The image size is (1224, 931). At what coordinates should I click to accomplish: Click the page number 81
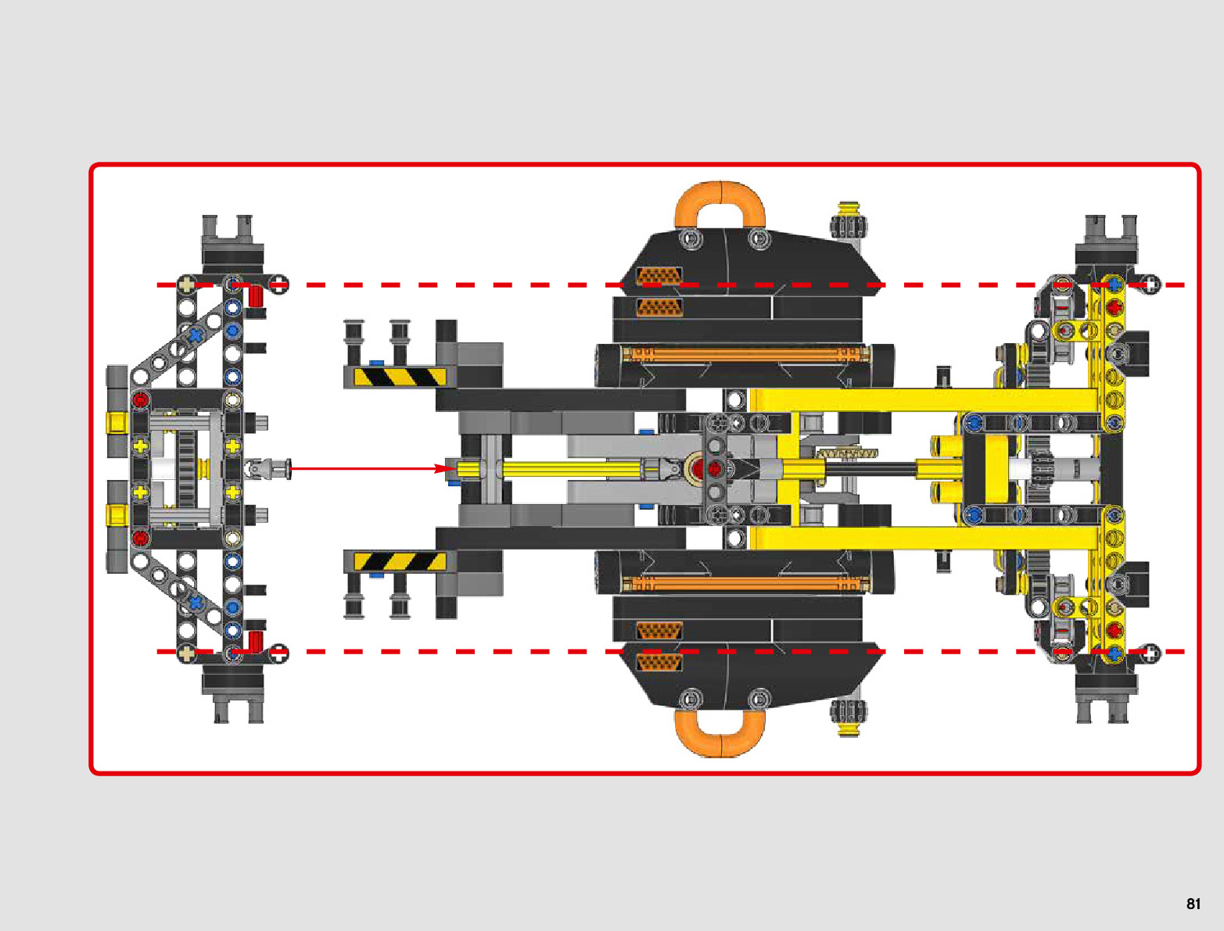[x=1193, y=904]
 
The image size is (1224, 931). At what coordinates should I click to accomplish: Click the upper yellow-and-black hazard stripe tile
[x=400, y=377]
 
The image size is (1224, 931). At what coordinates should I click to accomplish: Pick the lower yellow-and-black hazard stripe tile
[x=400, y=561]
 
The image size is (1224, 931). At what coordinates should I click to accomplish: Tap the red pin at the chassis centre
[x=714, y=469]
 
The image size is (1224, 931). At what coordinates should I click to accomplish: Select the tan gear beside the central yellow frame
[x=846, y=453]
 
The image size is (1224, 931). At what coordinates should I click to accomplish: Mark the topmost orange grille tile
[x=659, y=276]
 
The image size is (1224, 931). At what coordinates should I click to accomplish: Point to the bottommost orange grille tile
[x=659, y=663]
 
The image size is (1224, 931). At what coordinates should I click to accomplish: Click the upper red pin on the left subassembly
[x=140, y=400]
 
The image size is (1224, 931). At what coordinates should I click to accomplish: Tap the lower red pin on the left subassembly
[x=140, y=538]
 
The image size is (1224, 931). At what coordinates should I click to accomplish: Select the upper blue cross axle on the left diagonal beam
[x=195, y=335]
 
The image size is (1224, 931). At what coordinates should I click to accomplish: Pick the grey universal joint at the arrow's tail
[x=268, y=469]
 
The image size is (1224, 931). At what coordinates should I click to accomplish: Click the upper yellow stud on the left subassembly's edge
[x=117, y=423]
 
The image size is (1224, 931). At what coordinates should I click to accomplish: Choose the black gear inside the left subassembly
[x=186, y=469]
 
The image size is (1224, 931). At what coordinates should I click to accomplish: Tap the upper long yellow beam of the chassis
[x=923, y=400]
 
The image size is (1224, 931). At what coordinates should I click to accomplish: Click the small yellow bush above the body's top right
[x=848, y=209]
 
